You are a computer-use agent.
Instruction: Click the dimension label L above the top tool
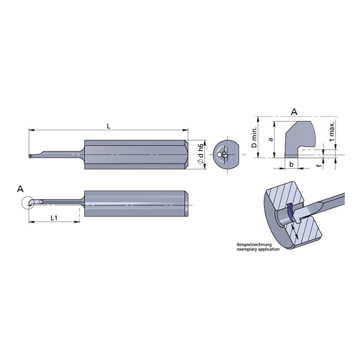click(108, 126)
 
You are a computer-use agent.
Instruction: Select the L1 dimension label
click(54, 217)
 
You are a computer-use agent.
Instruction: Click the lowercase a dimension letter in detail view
click(271, 141)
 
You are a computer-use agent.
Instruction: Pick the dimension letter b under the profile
click(291, 164)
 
